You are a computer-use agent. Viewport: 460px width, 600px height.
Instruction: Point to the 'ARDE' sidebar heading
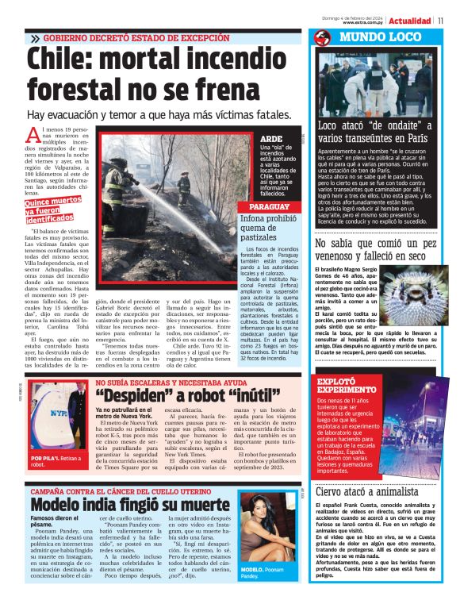click(271, 139)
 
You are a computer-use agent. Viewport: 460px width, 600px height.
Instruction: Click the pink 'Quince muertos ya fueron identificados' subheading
click(53, 210)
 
